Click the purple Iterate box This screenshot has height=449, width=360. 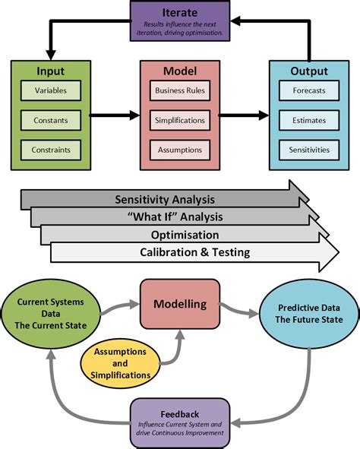click(179, 21)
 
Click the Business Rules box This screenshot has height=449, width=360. click(179, 91)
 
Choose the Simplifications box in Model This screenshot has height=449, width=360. click(179, 120)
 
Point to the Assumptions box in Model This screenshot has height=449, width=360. click(179, 149)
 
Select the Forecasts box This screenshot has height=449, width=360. click(309, 91)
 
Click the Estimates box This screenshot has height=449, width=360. click(309, 120)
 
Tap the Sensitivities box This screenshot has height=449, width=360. click(309, 149)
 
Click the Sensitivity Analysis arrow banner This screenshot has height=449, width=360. click(163, 200)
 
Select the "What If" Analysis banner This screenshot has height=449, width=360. click(178, 218)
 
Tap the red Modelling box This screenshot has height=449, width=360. click(180, 305)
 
